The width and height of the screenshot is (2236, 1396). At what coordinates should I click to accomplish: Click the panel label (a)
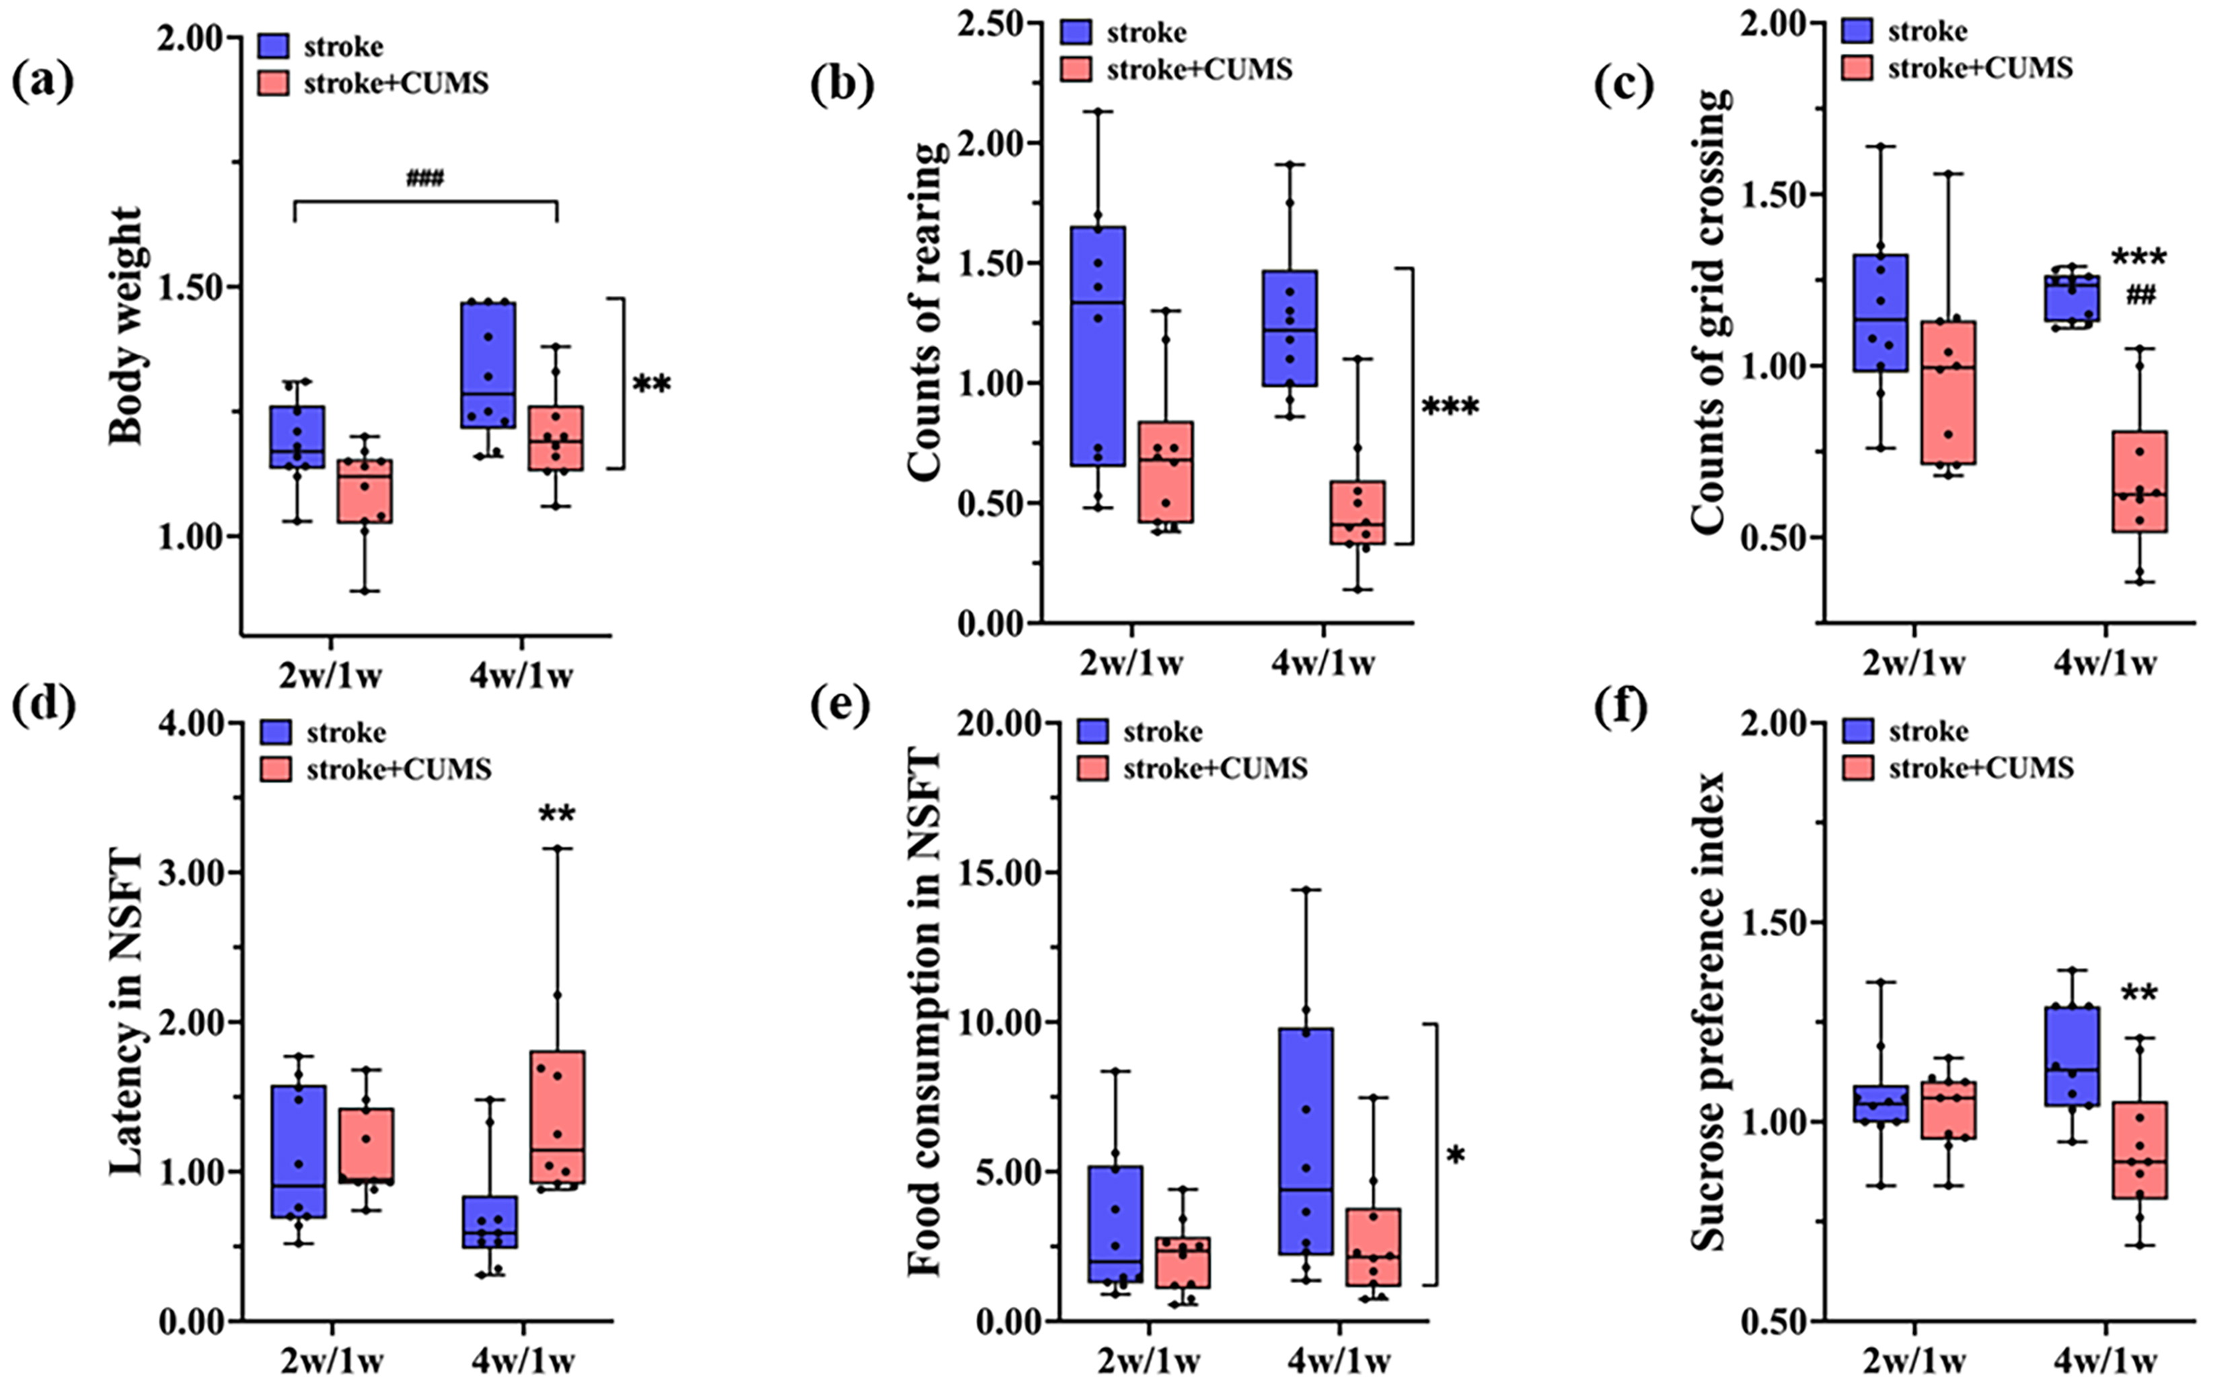[x=42, y=82]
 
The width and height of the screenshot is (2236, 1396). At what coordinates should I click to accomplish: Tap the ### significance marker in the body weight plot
[x=425, y=178]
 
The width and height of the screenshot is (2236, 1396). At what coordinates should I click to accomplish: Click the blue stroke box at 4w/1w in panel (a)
[x=488, y=364]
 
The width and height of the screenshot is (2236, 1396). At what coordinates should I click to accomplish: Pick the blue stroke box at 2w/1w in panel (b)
[x=1098, y=346]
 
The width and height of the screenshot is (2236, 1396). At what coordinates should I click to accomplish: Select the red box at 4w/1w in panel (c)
[x=2140, y=481]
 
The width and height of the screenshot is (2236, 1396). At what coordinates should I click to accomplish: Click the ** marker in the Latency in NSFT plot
[x=557, y=814]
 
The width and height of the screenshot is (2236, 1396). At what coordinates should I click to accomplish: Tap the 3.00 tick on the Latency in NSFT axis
[x=194, y=873]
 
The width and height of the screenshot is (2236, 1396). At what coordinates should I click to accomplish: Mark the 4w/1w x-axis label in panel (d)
[x=523, y=1360]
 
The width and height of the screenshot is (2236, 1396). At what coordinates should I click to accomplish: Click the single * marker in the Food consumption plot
[x=1456, y=1155]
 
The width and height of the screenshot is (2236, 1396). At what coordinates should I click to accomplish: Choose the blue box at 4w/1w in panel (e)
[x=1305, y=1140]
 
